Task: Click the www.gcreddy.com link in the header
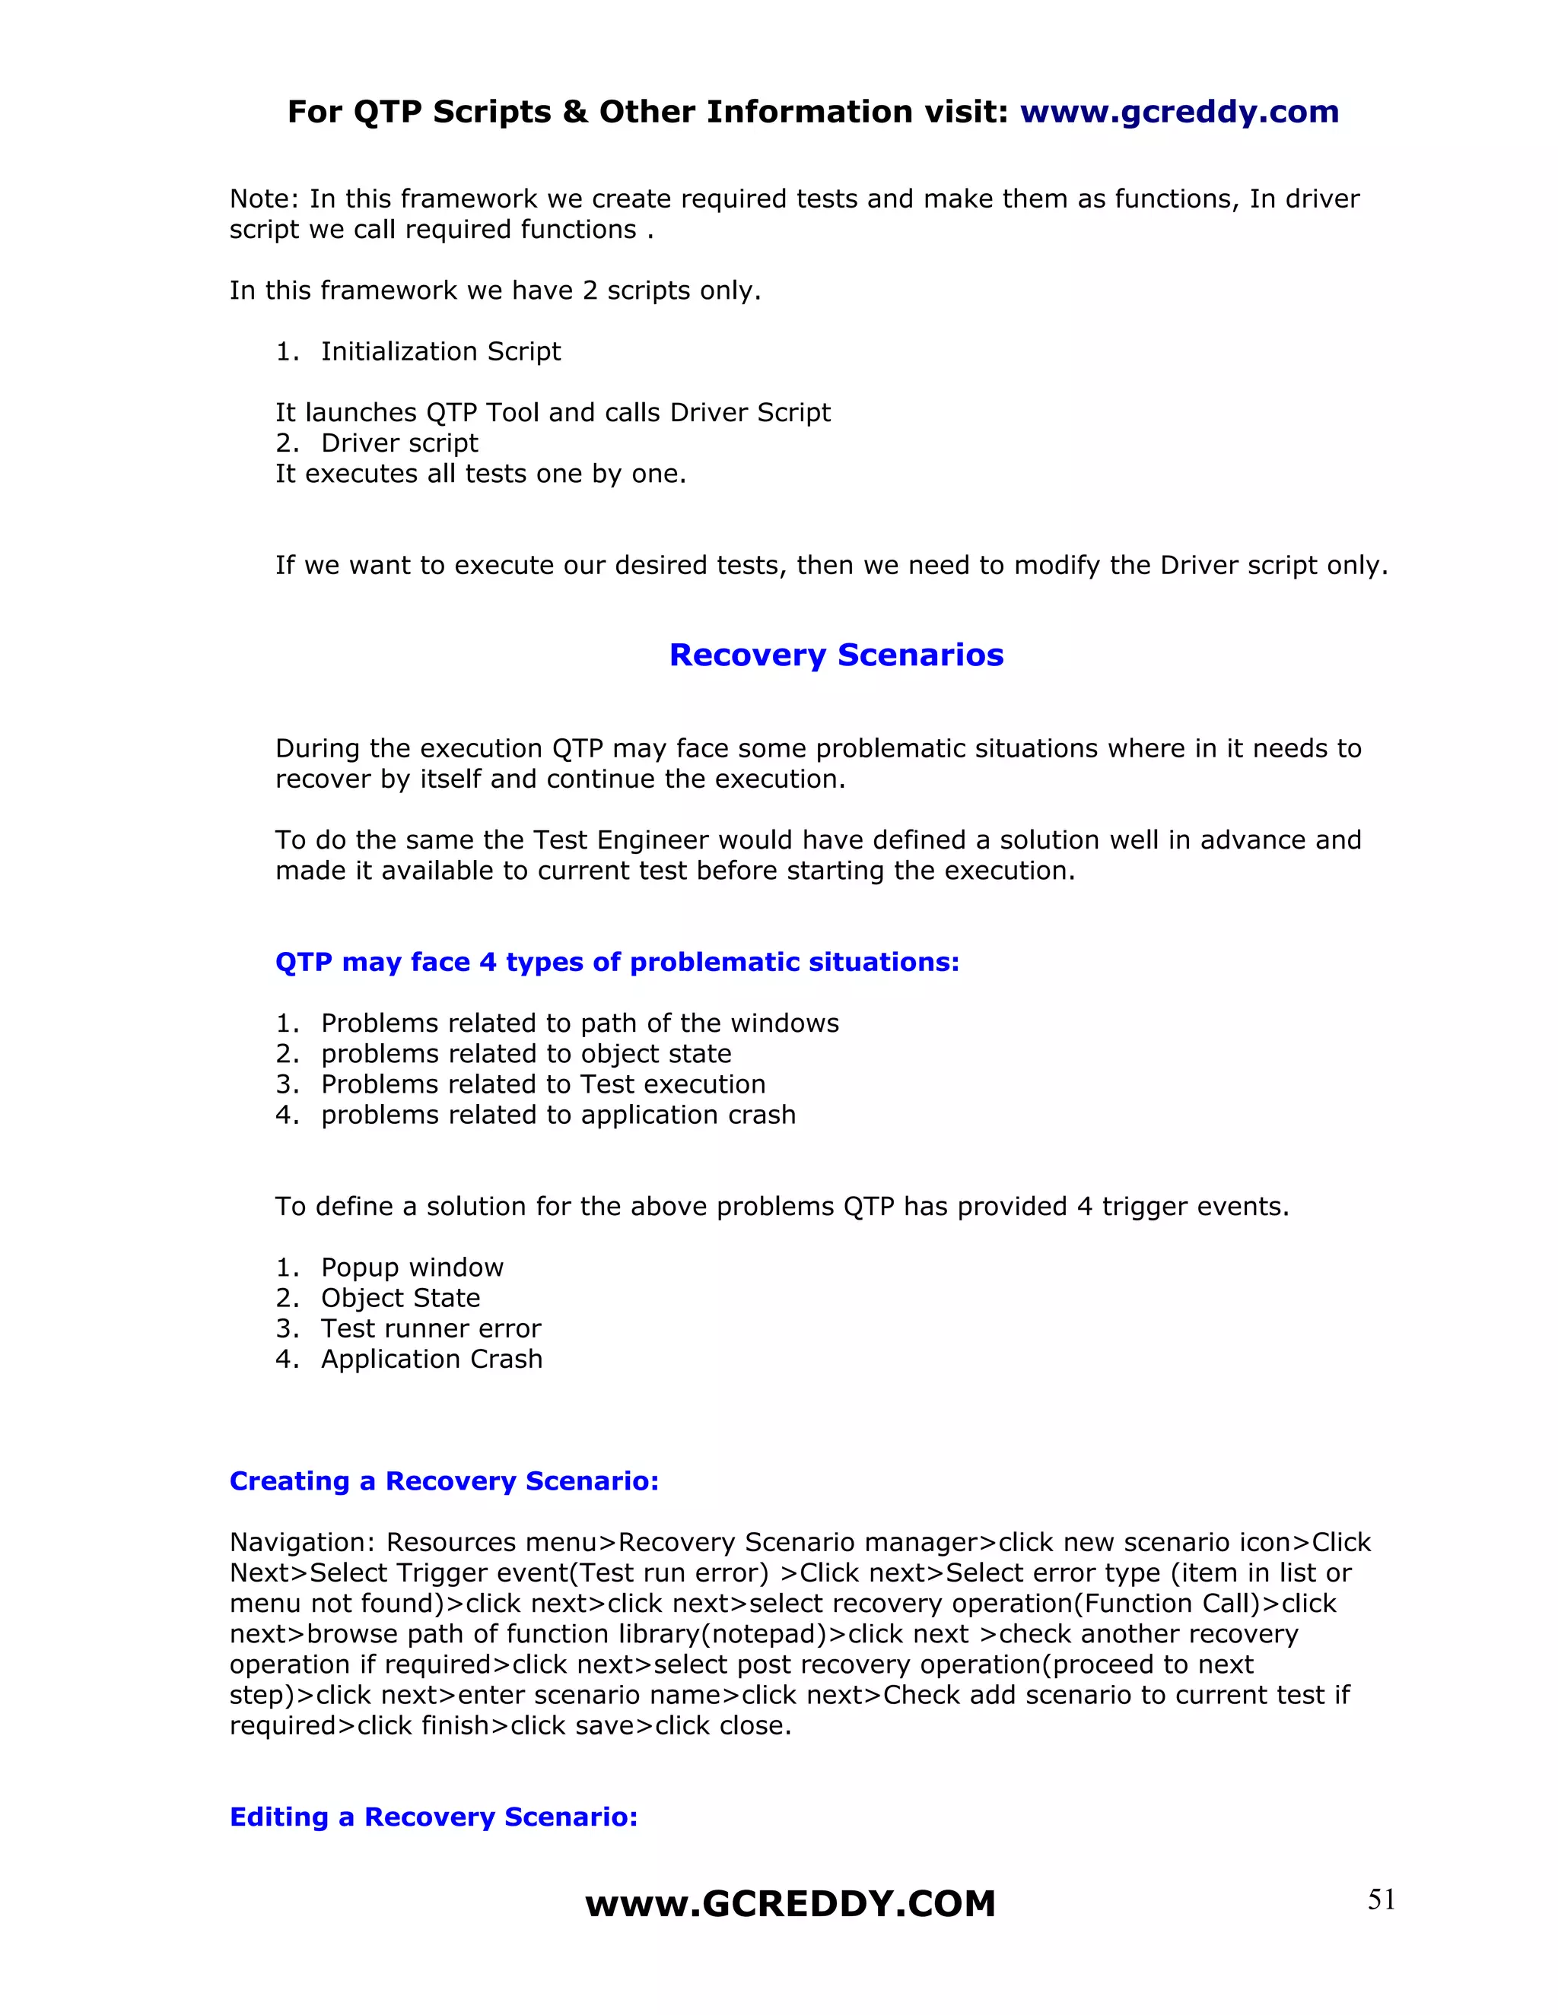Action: pos(1178,112)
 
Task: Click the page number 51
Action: pos(1381,1899)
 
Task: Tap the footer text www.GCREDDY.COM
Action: pos(790,1904)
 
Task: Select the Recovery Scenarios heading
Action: pos(836,654)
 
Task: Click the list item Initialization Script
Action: pos(440,351)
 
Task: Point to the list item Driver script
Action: pos(399,443)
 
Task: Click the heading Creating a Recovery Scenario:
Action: pos(444,1480)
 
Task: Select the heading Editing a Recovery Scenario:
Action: pos(434,1817)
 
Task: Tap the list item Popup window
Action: pos(412,1268)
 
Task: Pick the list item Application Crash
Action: pos(431,1359)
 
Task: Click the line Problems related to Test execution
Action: pos(542,1084)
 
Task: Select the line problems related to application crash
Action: pos(558,1115)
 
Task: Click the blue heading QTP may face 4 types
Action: pos(616,963)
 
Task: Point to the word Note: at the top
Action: pos(265,199)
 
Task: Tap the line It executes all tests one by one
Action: pos(480,474)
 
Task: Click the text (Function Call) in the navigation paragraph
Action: pos(1167,1604)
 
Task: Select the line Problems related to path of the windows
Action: pos(580,1023)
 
